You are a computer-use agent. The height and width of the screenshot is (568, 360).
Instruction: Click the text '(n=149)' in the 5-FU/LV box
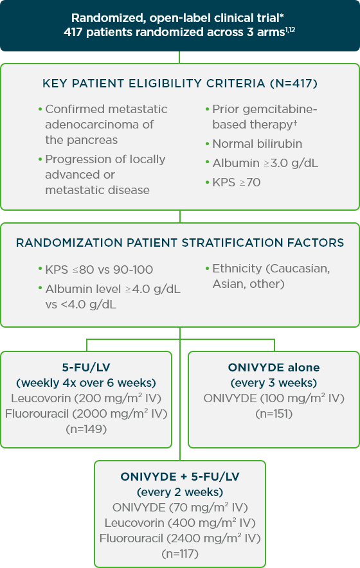pos(86,429)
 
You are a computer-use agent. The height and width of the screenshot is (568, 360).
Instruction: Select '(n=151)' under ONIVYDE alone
pos(274,414)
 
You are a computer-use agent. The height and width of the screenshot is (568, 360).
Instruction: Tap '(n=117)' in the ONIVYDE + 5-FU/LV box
pos(180,553)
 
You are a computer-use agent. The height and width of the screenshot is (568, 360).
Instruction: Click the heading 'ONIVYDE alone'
pos(274,368)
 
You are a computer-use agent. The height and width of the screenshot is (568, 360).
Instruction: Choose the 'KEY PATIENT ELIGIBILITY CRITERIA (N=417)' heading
pos(180,84)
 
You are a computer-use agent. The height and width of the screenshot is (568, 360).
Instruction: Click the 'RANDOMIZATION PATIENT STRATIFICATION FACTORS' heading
pos(180,243)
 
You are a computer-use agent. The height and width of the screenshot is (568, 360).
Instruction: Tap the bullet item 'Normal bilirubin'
pos(257,144)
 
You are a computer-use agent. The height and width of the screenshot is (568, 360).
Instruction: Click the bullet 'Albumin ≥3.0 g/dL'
pos(265,163)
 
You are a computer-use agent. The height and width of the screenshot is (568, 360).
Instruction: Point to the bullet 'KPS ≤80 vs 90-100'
pos(99,270)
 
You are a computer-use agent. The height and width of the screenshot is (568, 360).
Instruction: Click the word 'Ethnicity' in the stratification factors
pos(239,269)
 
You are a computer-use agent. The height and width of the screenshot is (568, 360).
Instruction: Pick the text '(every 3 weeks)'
pos(274,383)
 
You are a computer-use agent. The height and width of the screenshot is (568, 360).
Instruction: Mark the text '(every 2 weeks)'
pos(180,492)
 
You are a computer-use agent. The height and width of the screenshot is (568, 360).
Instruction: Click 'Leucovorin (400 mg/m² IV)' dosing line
pos(180,522)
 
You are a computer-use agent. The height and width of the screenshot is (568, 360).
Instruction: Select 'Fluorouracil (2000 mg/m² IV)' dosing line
pos(86,413)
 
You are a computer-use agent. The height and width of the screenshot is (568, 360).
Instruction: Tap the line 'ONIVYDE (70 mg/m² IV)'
pos(180,507)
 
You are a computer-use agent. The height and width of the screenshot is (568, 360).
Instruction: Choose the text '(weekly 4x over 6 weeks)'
pos(86,383)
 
